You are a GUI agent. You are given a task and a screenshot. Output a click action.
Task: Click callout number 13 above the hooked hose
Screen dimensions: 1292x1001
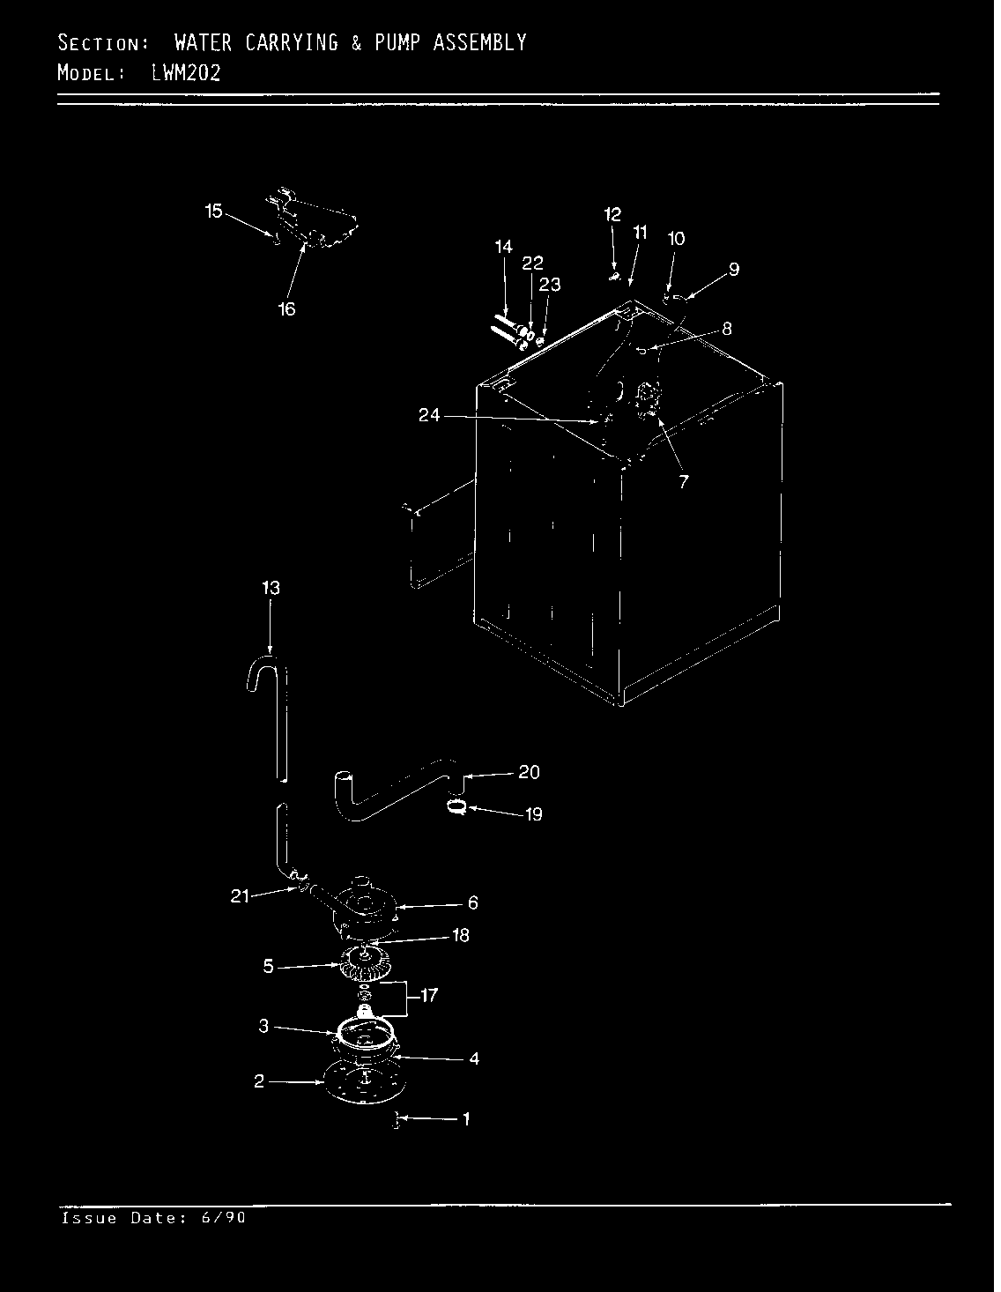tap(271, 588)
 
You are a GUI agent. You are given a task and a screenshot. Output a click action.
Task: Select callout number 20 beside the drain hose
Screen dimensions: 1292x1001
tap(529, 772)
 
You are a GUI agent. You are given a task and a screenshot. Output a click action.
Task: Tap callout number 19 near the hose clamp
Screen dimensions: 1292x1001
tap(534, 813)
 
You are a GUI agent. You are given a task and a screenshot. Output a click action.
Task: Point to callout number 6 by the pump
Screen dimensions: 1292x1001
tap(473, 902)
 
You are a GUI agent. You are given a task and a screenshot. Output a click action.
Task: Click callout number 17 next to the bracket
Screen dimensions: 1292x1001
tap(429, 996)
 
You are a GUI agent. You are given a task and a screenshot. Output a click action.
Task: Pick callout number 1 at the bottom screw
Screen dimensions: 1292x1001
tap(466, 1119)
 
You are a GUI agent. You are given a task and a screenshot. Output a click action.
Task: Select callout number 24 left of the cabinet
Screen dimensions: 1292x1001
tap(429, 415)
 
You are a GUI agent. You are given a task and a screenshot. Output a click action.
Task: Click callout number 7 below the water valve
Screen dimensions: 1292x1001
tap(684, 481)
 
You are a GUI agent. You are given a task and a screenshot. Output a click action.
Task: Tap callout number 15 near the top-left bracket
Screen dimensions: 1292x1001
tap(214, 211)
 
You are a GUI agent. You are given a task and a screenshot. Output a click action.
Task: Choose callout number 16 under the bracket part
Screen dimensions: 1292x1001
tap(287, 308)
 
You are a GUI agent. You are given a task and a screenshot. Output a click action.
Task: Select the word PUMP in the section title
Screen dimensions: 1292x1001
tap(397, 42)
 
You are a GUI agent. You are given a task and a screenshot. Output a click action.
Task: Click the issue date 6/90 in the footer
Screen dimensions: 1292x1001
tap(223, 1218)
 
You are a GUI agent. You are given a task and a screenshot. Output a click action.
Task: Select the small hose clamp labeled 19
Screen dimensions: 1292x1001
tap(456, 805)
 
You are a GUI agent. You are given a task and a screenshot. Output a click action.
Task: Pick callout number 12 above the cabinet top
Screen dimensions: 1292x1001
tap(613, 214)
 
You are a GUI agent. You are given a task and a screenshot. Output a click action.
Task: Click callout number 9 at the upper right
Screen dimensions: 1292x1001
tap(733, 270)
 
